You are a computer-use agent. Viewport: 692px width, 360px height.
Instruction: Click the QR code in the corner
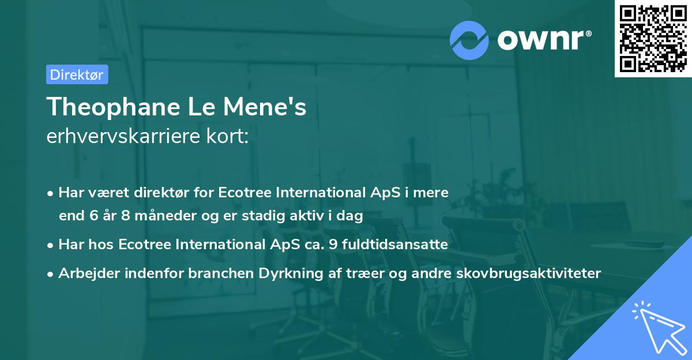[x=653, y=39]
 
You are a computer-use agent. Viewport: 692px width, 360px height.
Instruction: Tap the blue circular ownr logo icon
[x=469, y=40]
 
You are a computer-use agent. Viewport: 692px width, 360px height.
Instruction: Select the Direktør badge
[x=77, y=74]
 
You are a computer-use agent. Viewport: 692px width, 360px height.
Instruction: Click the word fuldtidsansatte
[x=394, y=245]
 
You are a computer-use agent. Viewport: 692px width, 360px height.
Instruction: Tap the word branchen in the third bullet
[x=216, y=273]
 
